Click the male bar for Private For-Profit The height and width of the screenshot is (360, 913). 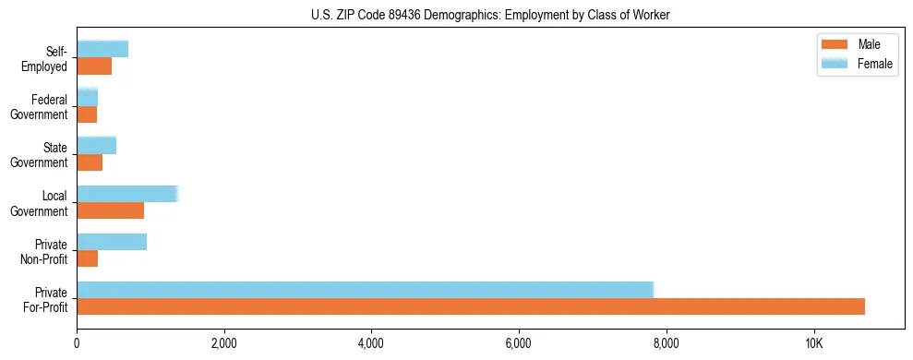pos(471,306)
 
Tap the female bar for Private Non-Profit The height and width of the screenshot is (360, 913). pos(112,242)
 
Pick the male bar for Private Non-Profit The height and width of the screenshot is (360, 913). pos(88,258)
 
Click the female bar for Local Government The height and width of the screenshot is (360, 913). pos(126,194)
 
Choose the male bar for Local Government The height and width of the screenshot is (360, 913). pos(110,210)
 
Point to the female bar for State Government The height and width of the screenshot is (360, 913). pos(96,145)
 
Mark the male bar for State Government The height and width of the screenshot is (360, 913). pos(90,162)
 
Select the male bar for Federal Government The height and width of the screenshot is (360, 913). pos(87,114)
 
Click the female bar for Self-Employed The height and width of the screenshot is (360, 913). pos(102,49)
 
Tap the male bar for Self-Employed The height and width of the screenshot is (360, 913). pos(94,66)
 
